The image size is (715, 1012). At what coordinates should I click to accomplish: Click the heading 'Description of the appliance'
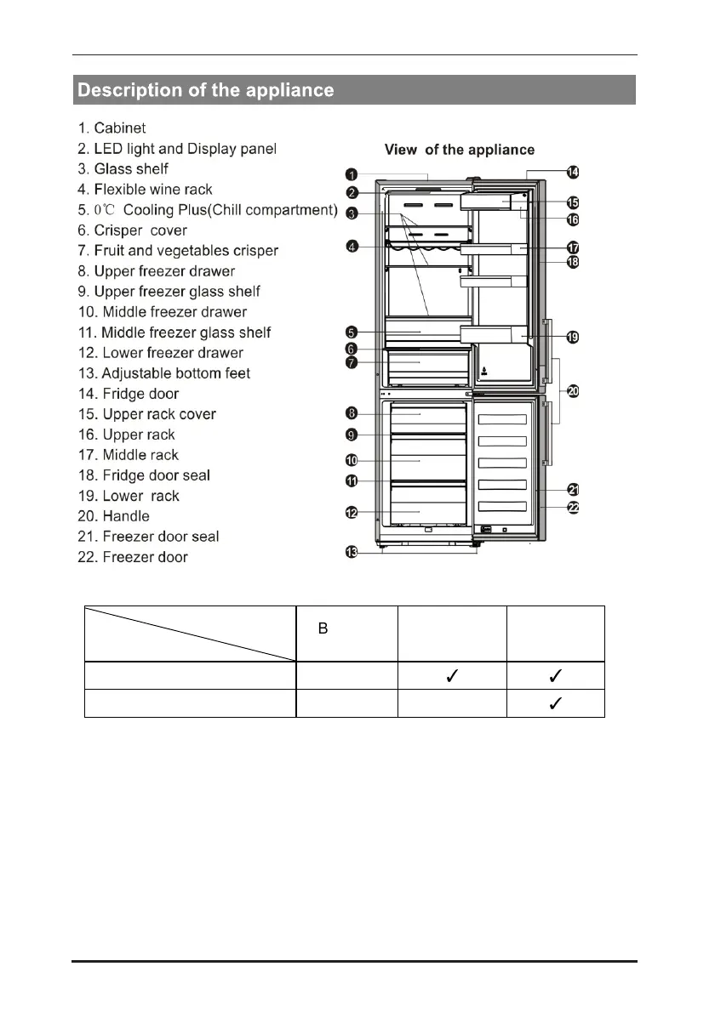[206, 90]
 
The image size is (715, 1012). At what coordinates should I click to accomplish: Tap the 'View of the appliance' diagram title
[460, 150]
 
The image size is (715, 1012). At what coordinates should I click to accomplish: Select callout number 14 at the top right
[573, 173]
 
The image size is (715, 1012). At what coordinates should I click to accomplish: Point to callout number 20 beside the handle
[573, 391]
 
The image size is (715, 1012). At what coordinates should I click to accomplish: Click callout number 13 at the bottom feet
[351, 553]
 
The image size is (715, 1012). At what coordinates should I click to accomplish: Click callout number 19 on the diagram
[573, 337]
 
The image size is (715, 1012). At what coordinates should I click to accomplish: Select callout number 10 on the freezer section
[351, 460]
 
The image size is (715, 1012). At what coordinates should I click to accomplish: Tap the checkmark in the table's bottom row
[555, 703]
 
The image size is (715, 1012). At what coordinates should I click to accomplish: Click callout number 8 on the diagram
[351, 413]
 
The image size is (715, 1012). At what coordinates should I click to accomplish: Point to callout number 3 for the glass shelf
[351, 213]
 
